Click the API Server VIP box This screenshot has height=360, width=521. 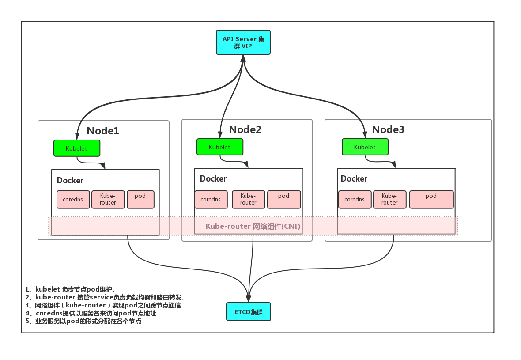coord(243,42)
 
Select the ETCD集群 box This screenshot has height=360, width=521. coord(248,311)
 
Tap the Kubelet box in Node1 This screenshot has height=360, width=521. coord(77,148)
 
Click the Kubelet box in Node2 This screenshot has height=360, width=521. coord(219,147)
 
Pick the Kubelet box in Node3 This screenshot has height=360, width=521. coord(365,147)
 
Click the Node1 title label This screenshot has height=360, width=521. coord(103,131)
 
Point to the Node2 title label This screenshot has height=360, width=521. coord(245,129)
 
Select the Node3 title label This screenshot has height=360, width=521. coord(388,129)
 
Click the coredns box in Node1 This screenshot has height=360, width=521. coord(73,200)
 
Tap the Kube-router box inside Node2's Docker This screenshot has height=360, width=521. coord(248,199)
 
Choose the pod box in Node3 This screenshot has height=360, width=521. coord(431,200)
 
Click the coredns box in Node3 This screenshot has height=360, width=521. coord(355,200)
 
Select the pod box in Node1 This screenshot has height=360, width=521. coord(140,200)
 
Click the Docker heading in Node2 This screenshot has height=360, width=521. coord(213,178)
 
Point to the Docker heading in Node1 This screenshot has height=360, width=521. coord(70,180)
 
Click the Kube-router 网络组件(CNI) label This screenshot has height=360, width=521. coord(253,226)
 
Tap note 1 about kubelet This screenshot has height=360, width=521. coord(71,289)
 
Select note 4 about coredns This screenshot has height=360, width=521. coord(91,313)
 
